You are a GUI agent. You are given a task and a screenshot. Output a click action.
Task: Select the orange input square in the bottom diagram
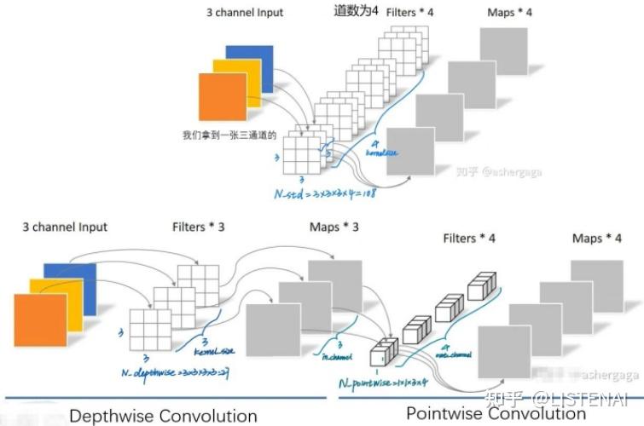pos(39,319)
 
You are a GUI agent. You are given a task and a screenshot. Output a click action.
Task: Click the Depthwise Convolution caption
pos(163,416)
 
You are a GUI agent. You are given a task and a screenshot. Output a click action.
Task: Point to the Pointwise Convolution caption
pos(496,413)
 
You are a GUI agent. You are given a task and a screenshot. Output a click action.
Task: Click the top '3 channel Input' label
pos(245,13)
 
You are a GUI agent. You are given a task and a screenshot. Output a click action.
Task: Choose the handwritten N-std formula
pos(324,193)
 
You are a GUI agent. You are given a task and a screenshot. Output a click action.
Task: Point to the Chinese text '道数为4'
pos(355,11)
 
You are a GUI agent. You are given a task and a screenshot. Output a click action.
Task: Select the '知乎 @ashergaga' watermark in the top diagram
pos(499,172)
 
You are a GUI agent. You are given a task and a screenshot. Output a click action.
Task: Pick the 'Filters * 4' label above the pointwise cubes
pos(468,239)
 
